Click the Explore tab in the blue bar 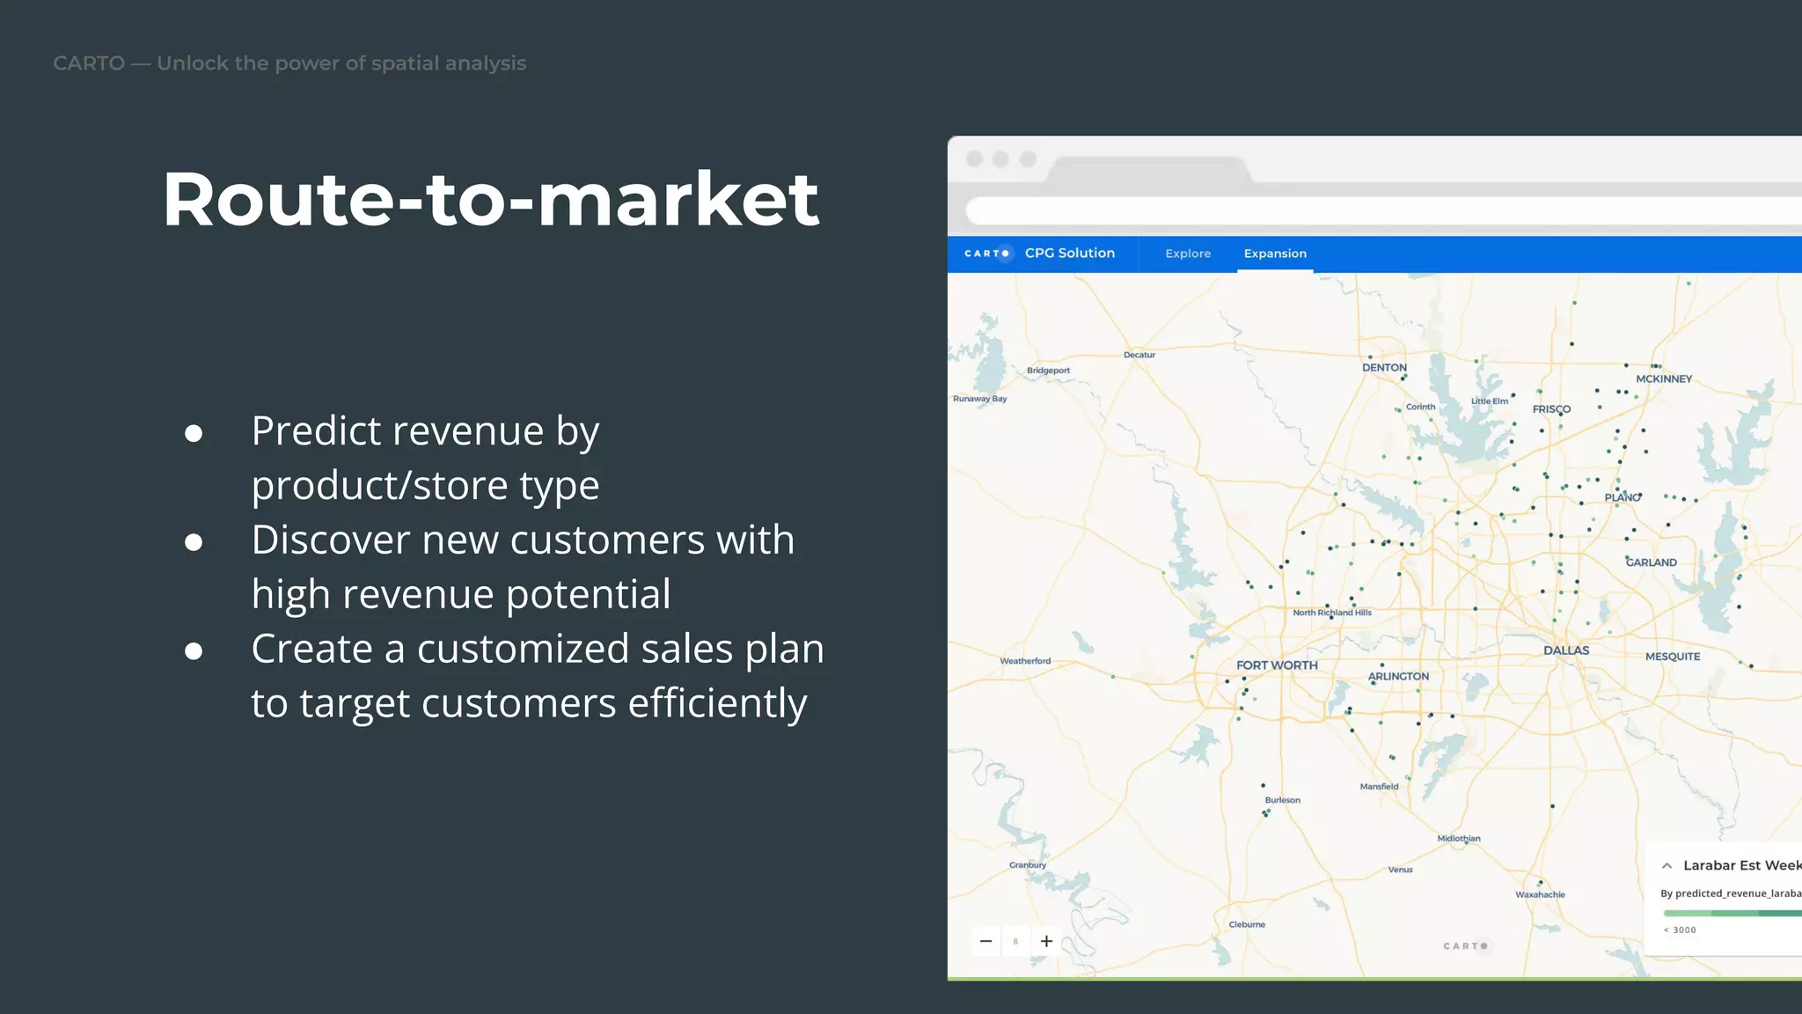(x=1188, y=253)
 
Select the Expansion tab (x=1275, y=253)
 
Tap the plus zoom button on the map (x=1046, y=941)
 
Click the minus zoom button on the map (x=986, y=941)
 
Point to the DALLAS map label (x=1566, y=650)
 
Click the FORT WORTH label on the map (x=1277, y=665)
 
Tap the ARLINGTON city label (x=1398, y=676)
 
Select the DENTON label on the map (x=1384, y=367)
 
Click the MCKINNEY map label (x=1664, y=378)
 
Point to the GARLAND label (x=1652, y=562)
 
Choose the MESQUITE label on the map (x=1673, y=657)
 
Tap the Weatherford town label (x=1025, y=661)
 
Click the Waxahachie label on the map (x=1540, y=894)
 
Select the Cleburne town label (x=1247, y=924)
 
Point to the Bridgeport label (x=1048, y=371)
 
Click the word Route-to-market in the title (x=491, y=199)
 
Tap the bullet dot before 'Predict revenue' (x=194, y=433)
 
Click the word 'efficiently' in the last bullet (x=717, y=703)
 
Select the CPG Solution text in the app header (x=1069, y=253)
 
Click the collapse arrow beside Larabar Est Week (x=1666, y=866)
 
